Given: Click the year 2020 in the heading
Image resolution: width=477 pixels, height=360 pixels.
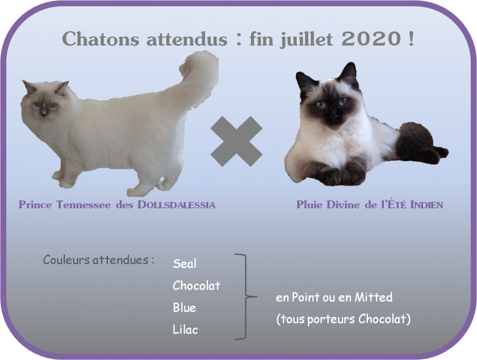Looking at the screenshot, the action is click(x=371, y=39).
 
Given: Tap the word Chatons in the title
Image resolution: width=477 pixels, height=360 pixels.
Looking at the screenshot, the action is click(x=100, y=39).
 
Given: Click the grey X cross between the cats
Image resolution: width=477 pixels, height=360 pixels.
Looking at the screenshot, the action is click(x=236, y=141).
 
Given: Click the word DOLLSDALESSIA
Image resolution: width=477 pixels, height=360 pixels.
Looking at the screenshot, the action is click(x=176, y=205).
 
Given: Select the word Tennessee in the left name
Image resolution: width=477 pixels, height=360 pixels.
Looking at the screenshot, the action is click(x=84, y=205).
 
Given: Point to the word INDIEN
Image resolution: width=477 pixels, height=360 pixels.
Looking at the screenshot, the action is click(x=427, y=205).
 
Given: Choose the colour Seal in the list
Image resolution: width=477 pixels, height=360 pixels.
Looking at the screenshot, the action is click(x=184, y=263).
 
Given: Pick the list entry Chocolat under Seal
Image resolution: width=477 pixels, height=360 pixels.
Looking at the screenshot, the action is click(x=196, y=285).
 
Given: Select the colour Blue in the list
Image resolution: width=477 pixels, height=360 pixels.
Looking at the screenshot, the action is click(x=184, y=307).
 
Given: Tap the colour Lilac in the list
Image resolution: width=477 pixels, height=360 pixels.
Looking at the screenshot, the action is click(x=185, y=329).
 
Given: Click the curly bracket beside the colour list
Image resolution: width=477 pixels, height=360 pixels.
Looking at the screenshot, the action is click(x=245, y=297).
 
